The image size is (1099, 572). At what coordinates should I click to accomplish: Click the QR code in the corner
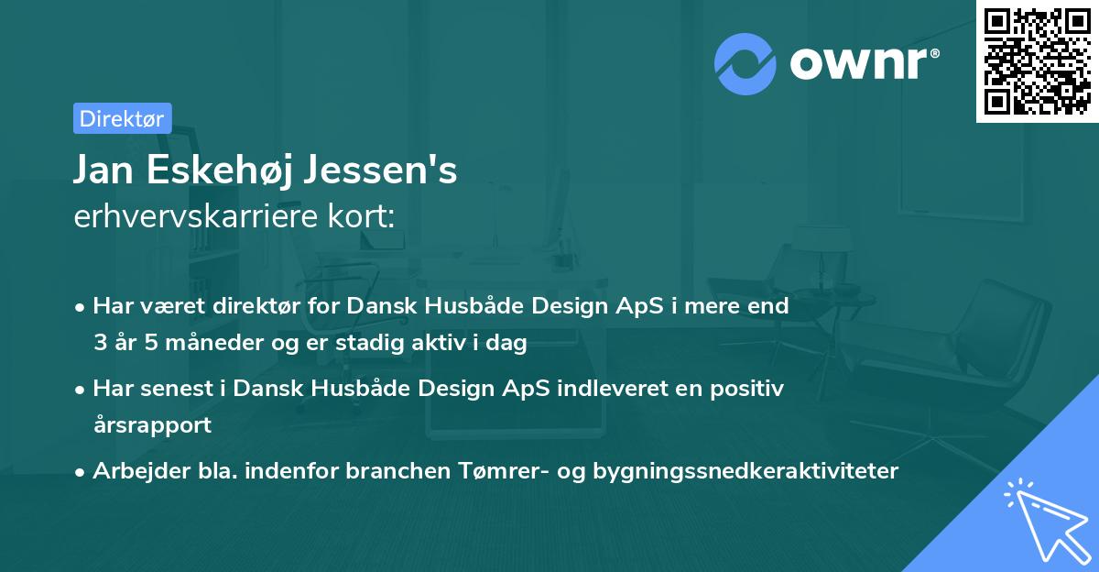click(x=1037, y=61)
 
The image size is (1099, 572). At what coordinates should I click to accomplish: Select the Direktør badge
click(x=122, y=118)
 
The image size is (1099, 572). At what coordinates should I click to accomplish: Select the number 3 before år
click(x=99, y=344)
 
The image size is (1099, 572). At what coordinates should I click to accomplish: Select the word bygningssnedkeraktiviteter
click(x=745, y=471)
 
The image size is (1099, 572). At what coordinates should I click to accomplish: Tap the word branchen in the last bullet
click(x=398, y=471)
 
